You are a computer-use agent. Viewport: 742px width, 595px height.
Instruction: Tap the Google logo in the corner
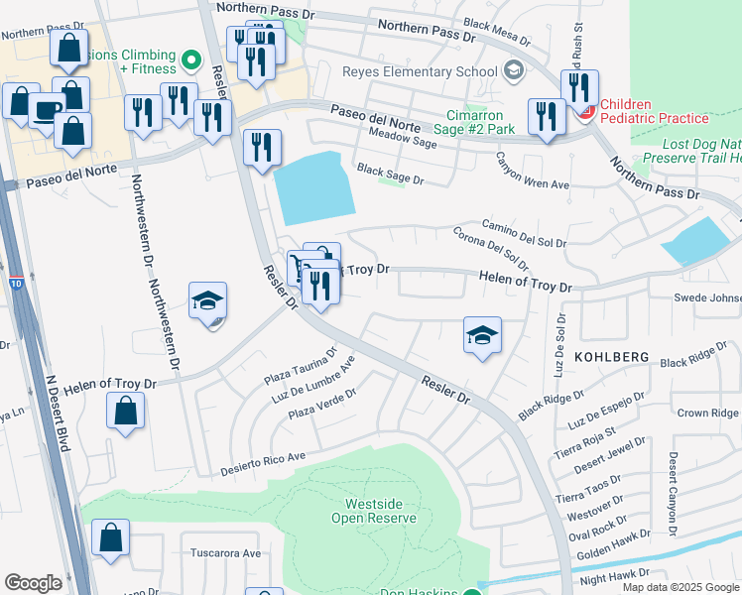click(x=34, y=583)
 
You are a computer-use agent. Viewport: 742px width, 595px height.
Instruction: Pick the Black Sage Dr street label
click(x=390, y=176)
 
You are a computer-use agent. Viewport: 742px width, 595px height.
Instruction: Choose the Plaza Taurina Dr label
click(x=301, y=365)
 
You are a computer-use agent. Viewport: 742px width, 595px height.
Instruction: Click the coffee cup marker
click(x=47, y=111)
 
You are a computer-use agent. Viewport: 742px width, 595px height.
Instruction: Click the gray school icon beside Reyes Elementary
click(x=513, y=70)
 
